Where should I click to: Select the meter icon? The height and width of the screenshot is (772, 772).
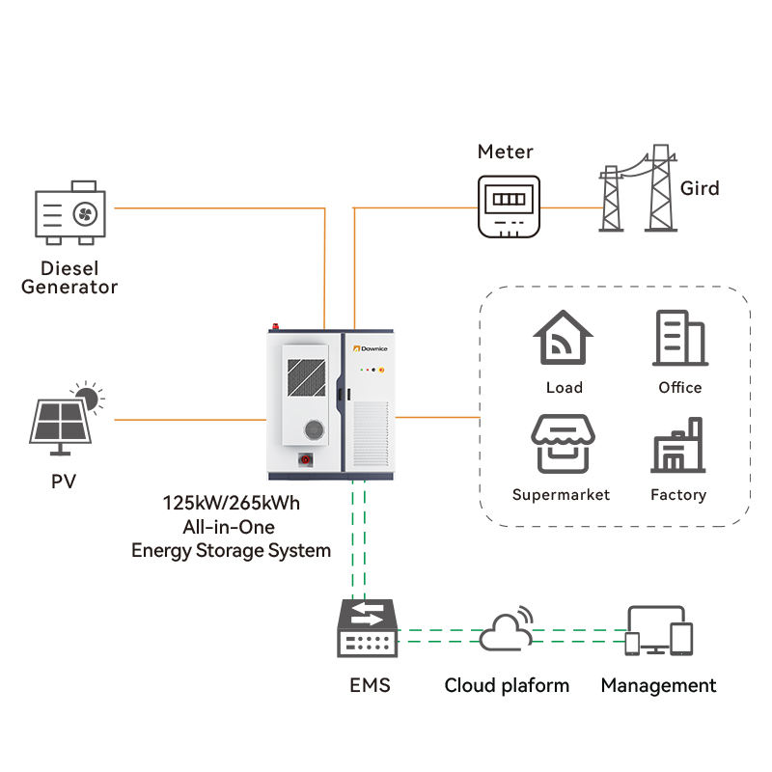pyautogui.click(x=508, y=206)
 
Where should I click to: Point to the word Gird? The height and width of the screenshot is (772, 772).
pyautogui.click(x=700, y=188)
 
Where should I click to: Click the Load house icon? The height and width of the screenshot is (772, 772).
pyautogui.click(x=564, y=339)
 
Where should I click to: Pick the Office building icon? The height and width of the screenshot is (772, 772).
pyautogui.click(x=679, y=339)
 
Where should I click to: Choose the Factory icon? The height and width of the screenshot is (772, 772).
pyautogui.click(x=678, y=445)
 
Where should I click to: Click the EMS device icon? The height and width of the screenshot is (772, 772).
pyautogui.click(x=367, y=628)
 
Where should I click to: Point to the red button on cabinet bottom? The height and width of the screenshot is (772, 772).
pyautogui.click(x=308, y=459)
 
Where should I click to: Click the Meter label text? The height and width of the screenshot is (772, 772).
pyautogui.click(x=506, y=152)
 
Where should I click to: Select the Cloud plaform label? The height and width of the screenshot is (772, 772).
pyautogui.click(x=507, y=686)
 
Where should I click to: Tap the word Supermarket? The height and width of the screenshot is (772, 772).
pyautogui.click(x=561, y=495)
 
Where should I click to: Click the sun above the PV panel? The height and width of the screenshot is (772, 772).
pyautogui.click(x=90, y=395)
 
